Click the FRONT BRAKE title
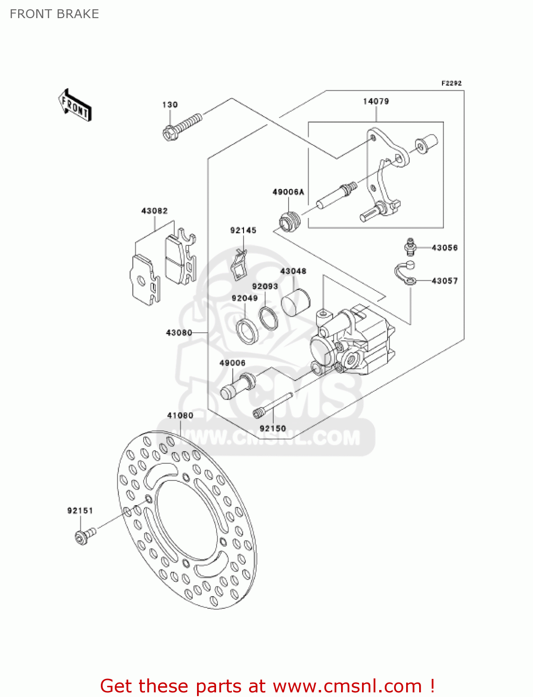54,14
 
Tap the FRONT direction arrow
74,105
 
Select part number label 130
170,105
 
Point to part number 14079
375,101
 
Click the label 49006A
288,192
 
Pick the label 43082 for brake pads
154,211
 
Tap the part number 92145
243,230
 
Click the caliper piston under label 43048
295,302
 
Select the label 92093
265,287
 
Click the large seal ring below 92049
247,331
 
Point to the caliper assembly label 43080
179,333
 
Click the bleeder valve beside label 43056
409,247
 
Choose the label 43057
444,281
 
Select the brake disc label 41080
180,415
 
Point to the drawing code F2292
451,83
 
